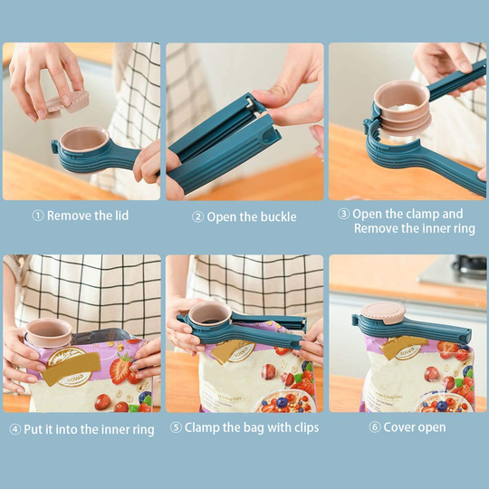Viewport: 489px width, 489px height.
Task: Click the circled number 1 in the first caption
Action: pos(38,216)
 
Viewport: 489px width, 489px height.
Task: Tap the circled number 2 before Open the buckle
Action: pos(197,217)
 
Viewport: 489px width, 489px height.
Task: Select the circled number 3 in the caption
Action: pos(344,215)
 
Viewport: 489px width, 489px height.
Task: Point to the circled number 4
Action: pos(14,429)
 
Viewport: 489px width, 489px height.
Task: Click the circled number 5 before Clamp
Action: pos(176,427)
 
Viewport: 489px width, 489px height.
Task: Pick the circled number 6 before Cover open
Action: pos(374,427)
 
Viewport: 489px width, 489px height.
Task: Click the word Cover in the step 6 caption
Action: pos(401,427)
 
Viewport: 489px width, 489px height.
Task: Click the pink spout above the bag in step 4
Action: pos(51,331)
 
